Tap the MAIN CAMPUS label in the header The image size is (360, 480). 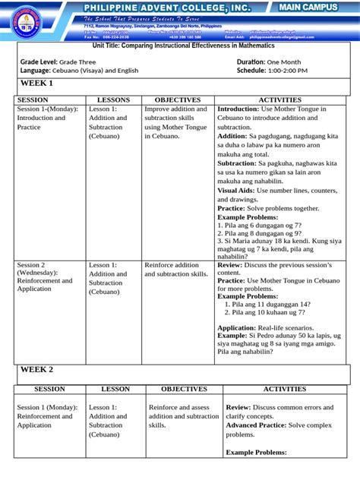[x=307, y=7]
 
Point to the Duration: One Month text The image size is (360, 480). [x=269, y=61]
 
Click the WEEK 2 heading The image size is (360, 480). [x=36, y=369]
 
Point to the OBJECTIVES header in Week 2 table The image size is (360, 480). [x=183, y=389]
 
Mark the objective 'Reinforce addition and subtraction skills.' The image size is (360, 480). [x=176, y=270]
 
